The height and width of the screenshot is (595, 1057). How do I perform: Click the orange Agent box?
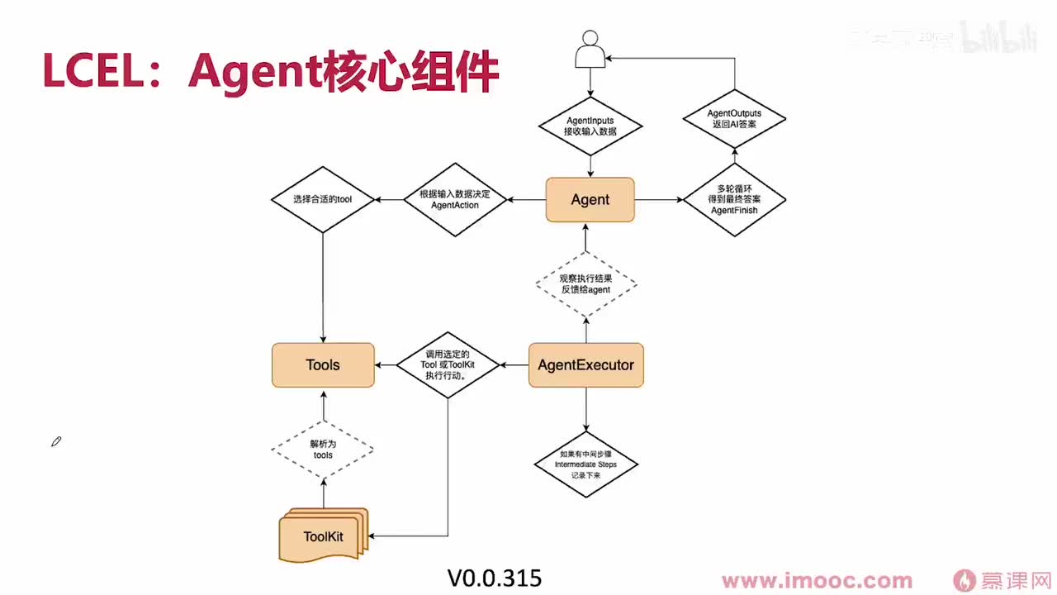tap(590, 199)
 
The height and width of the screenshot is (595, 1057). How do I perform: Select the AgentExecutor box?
tap(585, 364)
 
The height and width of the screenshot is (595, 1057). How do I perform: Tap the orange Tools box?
tap(323, 364)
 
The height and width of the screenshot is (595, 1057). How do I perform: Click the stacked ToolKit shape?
tap(323, 536)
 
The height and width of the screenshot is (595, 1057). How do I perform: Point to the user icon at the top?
tap(589, 49)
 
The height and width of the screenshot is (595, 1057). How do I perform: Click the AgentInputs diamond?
tap(590, 126)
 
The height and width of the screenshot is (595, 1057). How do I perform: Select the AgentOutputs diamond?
tap(734, 118)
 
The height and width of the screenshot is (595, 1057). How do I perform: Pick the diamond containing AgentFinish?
tap(734, 199)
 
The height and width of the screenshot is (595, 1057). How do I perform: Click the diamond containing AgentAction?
tap(455, 199)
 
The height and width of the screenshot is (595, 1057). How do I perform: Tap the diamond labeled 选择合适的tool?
tap(322, 199)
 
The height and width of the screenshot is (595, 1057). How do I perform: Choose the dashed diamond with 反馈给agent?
tap(585, 284)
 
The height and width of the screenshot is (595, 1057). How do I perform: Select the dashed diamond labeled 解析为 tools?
tap(323, 450)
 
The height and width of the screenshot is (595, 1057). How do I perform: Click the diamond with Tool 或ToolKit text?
tap(448, 364)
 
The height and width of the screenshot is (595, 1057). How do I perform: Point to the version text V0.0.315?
tap(495, 578)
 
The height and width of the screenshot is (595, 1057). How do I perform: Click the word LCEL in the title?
tap(92, 72)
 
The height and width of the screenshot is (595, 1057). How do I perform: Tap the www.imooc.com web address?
tap(817, 581)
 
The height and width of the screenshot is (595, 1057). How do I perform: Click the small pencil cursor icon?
tap(56, 442)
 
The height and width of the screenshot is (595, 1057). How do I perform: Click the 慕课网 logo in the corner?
tap(1002, 581)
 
